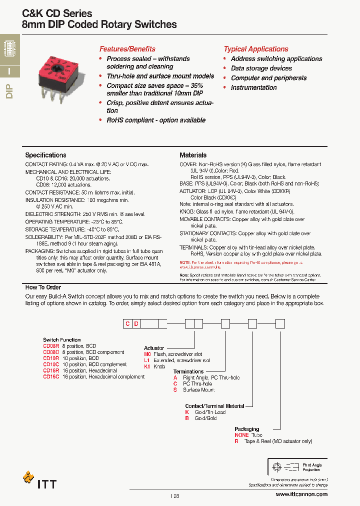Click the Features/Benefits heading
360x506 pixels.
(x=127, y=49)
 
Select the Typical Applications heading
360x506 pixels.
(x=255, y=49)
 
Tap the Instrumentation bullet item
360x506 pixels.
(x=253, y=87)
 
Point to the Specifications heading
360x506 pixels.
(x=45, y=155)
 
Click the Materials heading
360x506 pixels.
(x=193, y=155)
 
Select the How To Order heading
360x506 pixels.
(x=43, y=287)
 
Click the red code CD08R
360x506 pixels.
(x=51, y=346)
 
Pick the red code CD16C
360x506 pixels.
(x=51, y=376)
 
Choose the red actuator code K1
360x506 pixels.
(x=147, y=366)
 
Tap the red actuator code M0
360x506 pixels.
(x=147, y=354)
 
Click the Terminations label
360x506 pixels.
(x=188, y=371)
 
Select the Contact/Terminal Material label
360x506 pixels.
(x=214, y=406)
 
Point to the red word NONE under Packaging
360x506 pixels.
(x=241, y=435)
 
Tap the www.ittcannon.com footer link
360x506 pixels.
(x=301, y=494)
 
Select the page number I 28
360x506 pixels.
(x=174, y=495)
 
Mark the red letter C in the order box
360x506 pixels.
(x=127, y=324)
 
